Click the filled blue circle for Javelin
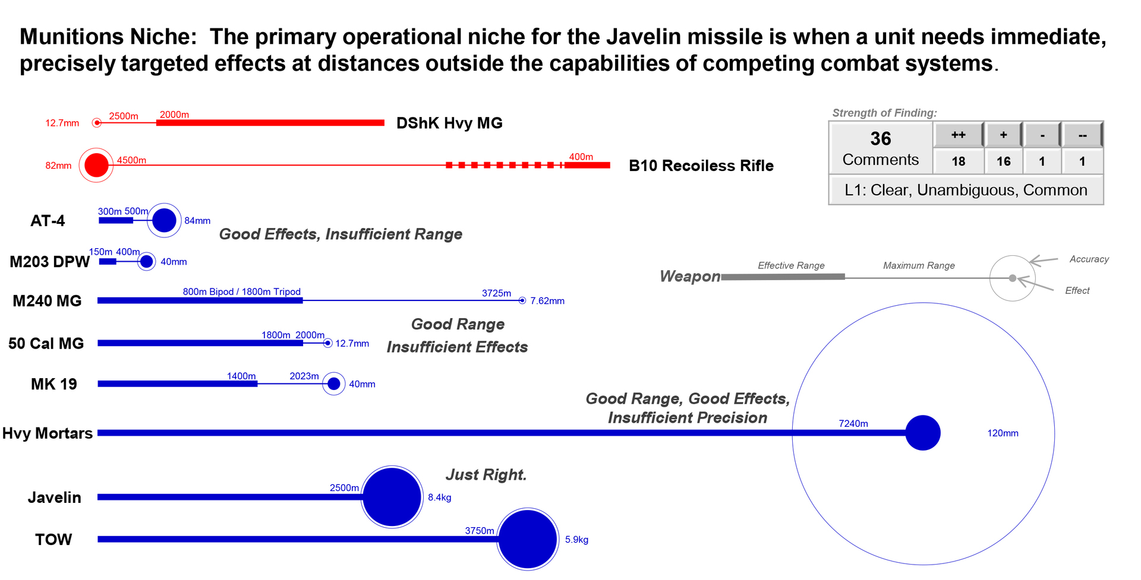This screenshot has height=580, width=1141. point(392,497)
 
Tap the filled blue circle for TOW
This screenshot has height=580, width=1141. point(527,539)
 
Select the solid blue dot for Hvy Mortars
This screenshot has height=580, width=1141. point(923,433)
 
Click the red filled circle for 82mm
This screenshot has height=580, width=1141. point(96,165)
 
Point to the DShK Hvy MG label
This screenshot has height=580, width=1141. point(449,123)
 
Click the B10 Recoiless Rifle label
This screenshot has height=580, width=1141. point(701,166)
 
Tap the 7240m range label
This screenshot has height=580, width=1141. point(853,423)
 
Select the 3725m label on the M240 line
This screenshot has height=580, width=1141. point(496,293)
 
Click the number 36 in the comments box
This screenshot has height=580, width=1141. point(881,138)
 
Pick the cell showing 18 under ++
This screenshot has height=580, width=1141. point(959,161)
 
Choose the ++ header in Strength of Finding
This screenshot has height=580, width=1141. point(959,135)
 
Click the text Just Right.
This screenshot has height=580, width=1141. point(486,474)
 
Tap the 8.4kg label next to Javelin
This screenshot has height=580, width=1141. point(440,497)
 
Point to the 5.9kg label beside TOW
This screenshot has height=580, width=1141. point(576,540)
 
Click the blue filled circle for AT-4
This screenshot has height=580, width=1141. point(164,220)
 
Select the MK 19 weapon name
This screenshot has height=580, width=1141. point(54,384)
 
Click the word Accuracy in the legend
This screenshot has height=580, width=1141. point(1089,259)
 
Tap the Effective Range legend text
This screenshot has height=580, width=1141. point(791,265)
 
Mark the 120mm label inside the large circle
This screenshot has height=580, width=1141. point(1003,433)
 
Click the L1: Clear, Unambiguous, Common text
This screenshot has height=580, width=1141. point(966,190)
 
